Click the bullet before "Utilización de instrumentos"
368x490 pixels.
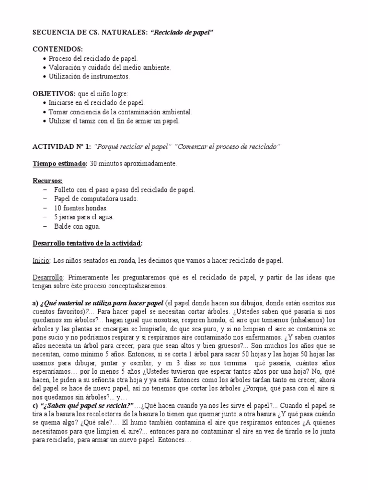click(x=44, y=76)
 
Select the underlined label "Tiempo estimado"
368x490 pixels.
click(x=59, y=164)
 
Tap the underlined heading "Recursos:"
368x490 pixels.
click(x=47, y=181)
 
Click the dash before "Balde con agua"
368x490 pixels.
click(x=45, y=226)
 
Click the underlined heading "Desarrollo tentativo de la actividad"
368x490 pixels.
click(x=87, y=244)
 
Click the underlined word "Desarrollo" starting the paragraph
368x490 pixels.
click(x=47, y=277)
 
